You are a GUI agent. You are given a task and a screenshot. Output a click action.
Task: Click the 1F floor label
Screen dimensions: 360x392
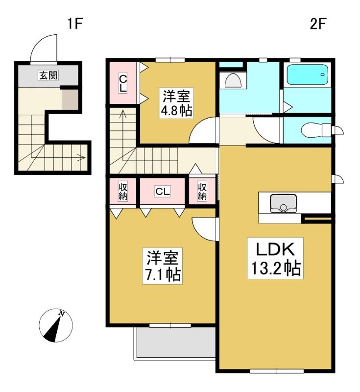[x=75, y=24]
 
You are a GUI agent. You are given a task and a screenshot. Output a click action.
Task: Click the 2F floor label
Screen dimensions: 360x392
[x=318, y=24]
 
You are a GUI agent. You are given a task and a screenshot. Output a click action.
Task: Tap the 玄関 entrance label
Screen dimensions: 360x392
[x=48, y=75]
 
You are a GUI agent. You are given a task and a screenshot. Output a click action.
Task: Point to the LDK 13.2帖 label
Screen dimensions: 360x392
[x=275, y=258]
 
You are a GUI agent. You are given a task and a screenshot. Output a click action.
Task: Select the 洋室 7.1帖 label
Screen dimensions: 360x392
[x=163, y=266]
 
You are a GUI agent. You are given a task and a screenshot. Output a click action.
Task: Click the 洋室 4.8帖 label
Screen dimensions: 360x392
[x=176, y=103]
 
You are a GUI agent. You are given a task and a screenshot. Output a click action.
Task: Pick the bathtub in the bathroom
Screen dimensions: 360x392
[x=307, y=74]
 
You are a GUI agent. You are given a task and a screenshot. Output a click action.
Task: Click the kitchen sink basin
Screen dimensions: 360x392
[x=283, y=203]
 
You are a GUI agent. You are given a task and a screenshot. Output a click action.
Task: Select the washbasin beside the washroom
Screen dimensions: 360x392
[x=233, y=80]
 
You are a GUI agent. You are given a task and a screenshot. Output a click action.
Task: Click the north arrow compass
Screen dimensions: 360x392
[x=56, y=325]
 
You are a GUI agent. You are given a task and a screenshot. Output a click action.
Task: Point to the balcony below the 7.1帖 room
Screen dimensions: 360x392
[x=175, y=343]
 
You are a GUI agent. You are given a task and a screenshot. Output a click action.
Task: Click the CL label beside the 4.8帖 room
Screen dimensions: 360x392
[x=123, y=83]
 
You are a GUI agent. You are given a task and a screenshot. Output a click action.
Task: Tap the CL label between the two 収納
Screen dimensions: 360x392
[x=163, y=192]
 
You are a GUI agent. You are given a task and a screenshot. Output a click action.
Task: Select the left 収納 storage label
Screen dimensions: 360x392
[x=122, y=192]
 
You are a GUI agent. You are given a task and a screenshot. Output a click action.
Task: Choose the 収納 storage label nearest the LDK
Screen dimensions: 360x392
[x=202, y=192]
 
